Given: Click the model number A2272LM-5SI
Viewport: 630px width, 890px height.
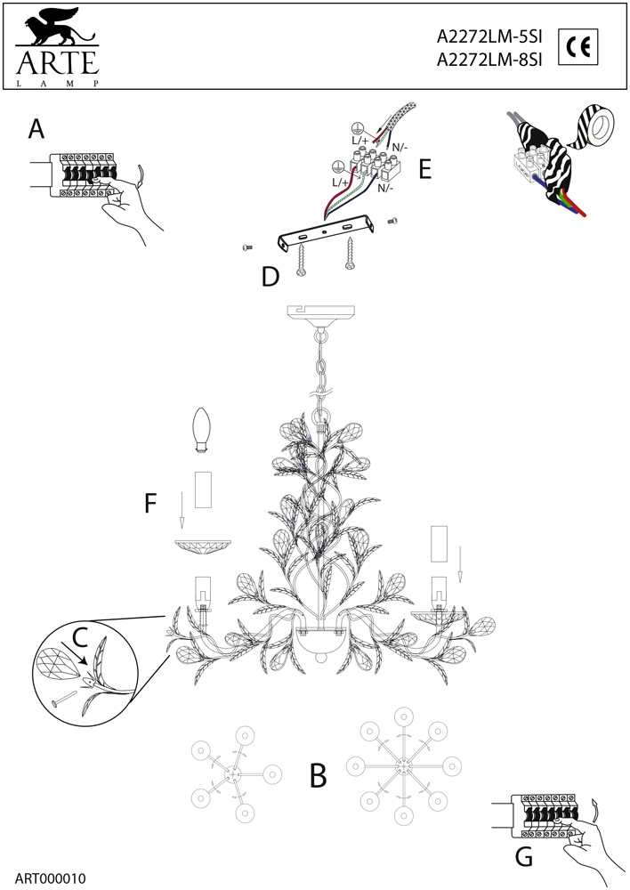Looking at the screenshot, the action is pyautogui.click(x=489, y=36).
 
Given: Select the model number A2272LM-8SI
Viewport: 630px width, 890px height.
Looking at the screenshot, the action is pyautogui.click(x=489, y=60).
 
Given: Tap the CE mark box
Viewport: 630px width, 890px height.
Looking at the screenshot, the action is pyautogui.click(x=578, y=46).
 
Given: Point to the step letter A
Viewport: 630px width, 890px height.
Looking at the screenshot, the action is pyautogui.click(x=36, y=129).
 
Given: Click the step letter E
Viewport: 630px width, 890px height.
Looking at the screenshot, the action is pyautogui.click(x=425, y=169).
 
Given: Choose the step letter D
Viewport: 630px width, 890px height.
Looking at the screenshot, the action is pyautogui.click(x=271, y=277).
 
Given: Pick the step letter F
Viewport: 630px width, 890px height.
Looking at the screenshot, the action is pyautogui.click(x=149, y=503).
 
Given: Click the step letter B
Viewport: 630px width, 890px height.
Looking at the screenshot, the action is pyautogui.click(x=319, y=775).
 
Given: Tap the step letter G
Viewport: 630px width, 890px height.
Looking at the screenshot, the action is pyautogui.click(x=524, y=856).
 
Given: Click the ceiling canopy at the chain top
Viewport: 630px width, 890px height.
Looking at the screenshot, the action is pyautogui.click(x=321, y=314).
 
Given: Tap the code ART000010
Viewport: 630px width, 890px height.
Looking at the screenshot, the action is pyautogui.click(x=51, y=878).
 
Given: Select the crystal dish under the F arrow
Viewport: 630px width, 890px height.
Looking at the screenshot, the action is pyautogui.click(x=203, y=547).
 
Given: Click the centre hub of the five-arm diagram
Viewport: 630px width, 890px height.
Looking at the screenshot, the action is pyautogui.click(x=233, y=773).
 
